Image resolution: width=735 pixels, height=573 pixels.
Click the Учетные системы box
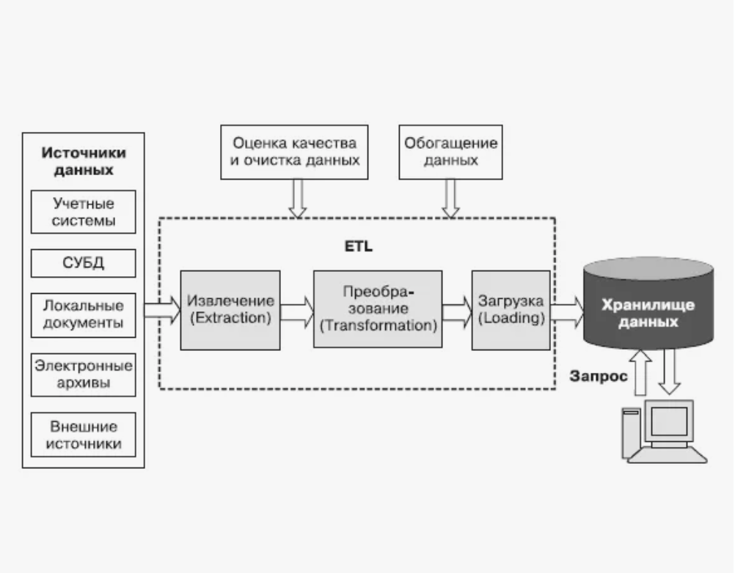(84, 211)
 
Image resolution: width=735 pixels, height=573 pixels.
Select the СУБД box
(84, 263)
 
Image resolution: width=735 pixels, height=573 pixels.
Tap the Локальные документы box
(84, 314)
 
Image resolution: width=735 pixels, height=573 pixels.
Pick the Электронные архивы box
(84, 375)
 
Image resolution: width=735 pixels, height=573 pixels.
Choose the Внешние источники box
(84, 435)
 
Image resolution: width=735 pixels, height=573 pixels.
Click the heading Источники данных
(84, 161)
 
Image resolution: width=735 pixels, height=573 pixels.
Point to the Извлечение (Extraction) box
(230, 310)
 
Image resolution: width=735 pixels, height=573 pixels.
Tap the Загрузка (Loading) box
(511, 310)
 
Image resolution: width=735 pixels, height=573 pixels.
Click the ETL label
(359, 246)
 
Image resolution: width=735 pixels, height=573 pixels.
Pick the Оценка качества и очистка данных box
(295, 152)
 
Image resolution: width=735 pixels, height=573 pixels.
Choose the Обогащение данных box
(450, 152)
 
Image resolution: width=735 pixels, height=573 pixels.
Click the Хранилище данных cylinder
(648, 303)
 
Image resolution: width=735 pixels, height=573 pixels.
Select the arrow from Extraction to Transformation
(297, 311)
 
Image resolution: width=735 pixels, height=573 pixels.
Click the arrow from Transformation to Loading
(457, 311)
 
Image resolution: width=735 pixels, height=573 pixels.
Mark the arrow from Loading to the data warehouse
(567, 311)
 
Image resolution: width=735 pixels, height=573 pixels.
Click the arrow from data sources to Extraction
(162, 311)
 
